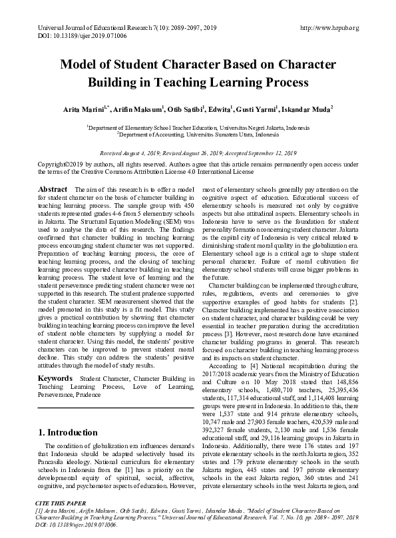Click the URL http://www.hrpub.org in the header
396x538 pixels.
[x=330, y=27]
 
